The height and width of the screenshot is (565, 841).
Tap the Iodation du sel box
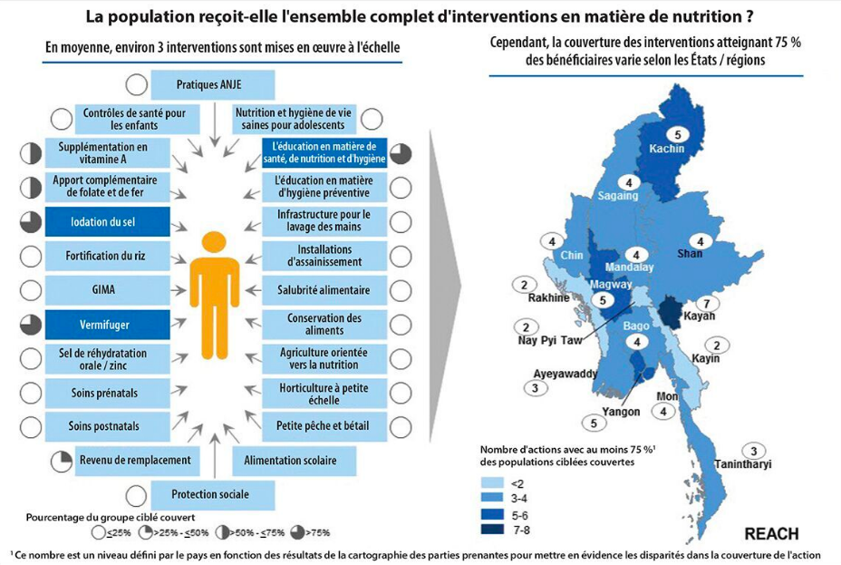pos(107,221)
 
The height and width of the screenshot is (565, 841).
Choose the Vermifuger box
pos(107,324)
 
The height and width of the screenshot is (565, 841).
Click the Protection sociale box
pos(212,494)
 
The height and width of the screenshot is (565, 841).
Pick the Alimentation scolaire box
pos(290,461)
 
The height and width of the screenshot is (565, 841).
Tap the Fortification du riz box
pos(107,256)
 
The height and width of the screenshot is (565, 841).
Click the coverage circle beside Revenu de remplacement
pos(62,461)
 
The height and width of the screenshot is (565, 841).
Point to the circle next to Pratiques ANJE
pos(137,84)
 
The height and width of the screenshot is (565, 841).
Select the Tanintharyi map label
pos(744,465)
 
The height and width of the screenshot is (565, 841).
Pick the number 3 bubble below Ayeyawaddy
pos(536,388)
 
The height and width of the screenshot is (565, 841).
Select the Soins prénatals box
pos(107,393)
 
